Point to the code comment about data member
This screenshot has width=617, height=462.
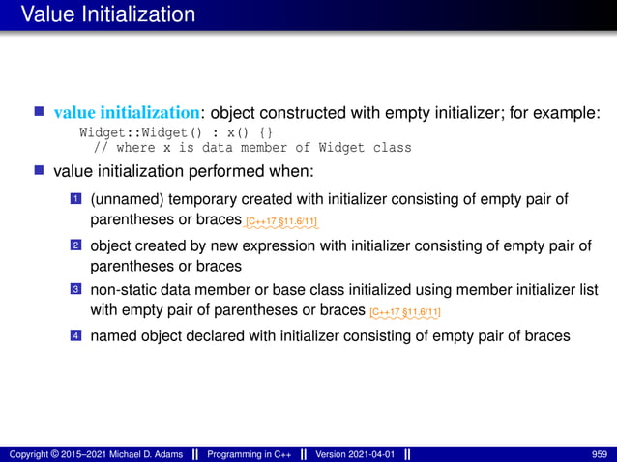click(251, 148)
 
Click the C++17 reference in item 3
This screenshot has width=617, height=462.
click(405, 312)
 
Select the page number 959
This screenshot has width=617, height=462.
click(599, 453)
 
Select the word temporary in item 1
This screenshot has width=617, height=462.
click(199, 199)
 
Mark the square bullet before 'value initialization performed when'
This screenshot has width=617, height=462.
click(41, 171)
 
